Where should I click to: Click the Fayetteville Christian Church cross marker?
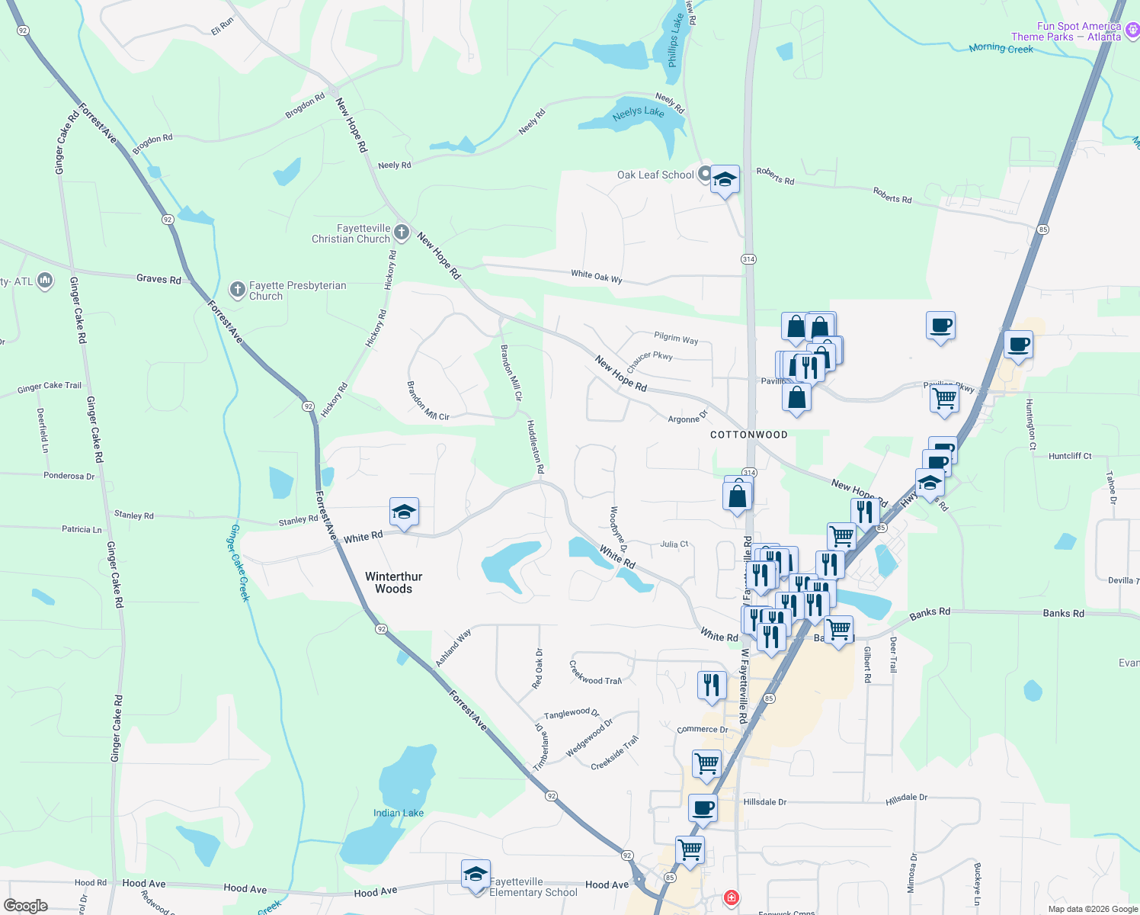pos(402,233)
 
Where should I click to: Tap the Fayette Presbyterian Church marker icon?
pos(237,290)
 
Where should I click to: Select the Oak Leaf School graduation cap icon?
pos(724,180)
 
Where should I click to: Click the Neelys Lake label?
pos(638,113)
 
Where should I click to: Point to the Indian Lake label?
pos(398,813)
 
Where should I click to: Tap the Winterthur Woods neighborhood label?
pos(393,583)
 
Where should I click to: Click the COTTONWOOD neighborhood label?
pos(748,435)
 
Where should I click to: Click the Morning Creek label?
pos(1001,48)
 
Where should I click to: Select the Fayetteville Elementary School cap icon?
pos(475,874)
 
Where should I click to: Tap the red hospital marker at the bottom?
pos(731,897)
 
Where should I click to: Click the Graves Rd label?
pos(159,279)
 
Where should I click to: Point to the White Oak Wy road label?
pos(597,276)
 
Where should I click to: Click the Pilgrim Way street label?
pos(675,338)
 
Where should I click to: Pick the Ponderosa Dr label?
pos(69,476)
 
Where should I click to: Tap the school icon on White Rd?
pos(403,512)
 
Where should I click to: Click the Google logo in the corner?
pos(25,905)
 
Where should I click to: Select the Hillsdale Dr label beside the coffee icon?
pos(764,802)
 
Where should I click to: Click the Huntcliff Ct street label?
pos(1070,456)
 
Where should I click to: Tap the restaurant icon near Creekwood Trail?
pos(711,685)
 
